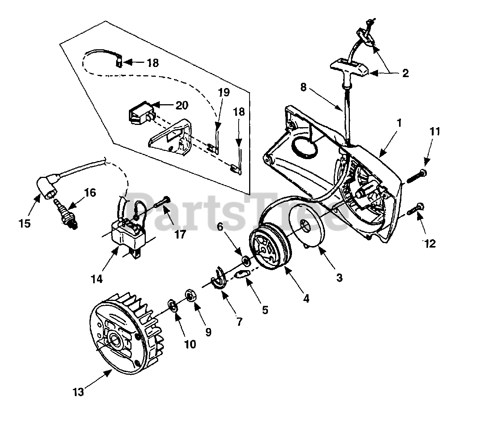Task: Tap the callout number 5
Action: pyautogui.click(x=265, y=310)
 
